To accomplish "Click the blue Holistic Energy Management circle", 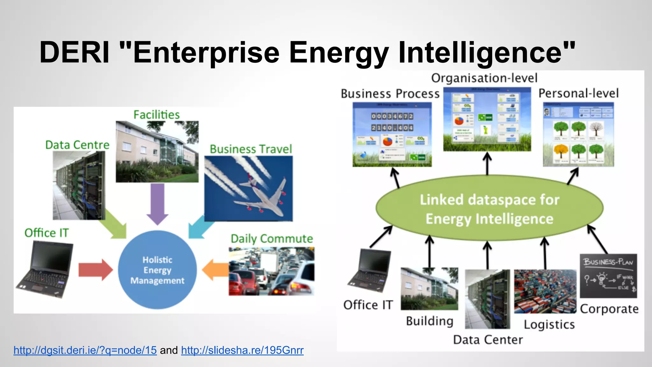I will [x=157, y=270].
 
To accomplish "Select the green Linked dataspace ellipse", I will [x=489, y=209].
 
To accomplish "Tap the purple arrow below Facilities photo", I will [x=157, y=204].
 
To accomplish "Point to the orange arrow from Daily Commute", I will [x=215, y=270].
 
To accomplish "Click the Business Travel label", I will [x=251, y=149].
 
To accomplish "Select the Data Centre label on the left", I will [x=77, y=145].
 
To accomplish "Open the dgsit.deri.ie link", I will [x=85, y=350].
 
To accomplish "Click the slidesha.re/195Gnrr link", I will [x=242, y=350].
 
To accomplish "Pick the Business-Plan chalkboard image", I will [x=608, y=276].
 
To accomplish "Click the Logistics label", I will [x=549, y=325].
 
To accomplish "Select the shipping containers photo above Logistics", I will [x=545, y=291].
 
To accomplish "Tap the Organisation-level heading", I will [x=484, y=78].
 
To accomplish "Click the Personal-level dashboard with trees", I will [x=578, y=134].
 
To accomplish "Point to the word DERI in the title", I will [x=74, y=52].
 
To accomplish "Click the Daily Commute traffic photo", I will [x=271, y=271].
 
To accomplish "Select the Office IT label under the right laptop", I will [x=368, y=305].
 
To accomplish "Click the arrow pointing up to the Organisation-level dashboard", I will [x=487, y=163].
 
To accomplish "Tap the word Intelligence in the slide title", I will [x=486, y=52].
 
